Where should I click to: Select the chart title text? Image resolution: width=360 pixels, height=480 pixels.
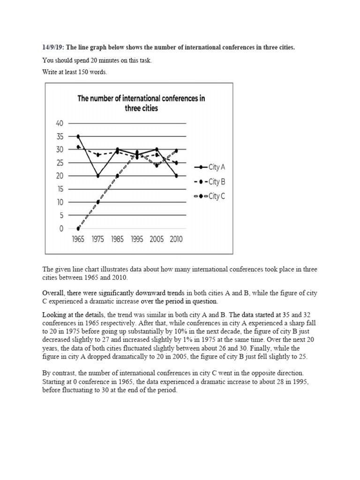click(141, 103)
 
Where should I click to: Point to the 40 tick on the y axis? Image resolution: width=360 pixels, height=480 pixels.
click(59, 123)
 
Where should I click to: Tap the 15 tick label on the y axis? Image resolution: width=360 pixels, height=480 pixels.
click(59, 189)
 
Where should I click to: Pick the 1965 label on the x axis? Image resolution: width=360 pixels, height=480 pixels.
click(78, 239)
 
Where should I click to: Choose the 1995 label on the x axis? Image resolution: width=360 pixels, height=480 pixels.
click(137, 239)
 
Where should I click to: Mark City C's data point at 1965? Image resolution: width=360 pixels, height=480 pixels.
click(78, 229)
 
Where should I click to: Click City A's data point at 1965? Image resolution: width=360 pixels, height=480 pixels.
click(78, 136)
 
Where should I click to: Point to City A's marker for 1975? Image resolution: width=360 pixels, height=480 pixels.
click(97, 176)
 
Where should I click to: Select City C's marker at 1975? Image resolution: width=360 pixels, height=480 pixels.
click(97, 202)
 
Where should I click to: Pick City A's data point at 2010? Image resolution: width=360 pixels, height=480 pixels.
click(176, 176)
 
